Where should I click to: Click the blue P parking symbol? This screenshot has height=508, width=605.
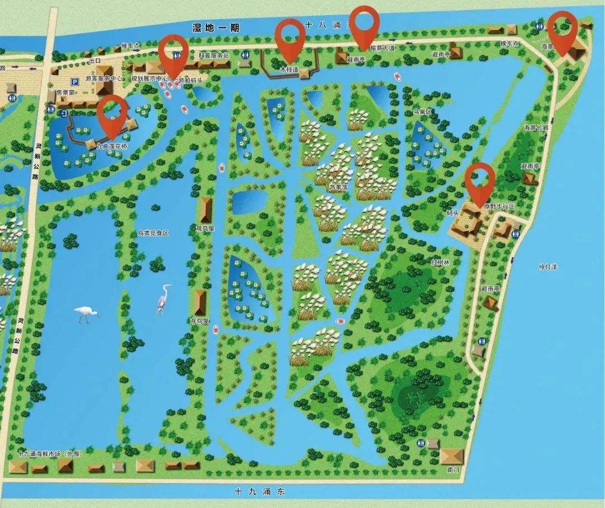pyautogui.click(x=75, y=82)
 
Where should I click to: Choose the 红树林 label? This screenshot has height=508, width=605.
pyautogui.click(x=440, y=262)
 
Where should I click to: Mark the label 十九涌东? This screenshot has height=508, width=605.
pyautogui.click(x=260, y=492)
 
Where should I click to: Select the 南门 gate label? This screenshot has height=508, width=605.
pyautogui.click(x=453, y=469)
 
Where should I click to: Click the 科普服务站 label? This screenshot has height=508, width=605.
pyautogui.click(x=214, y=55)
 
